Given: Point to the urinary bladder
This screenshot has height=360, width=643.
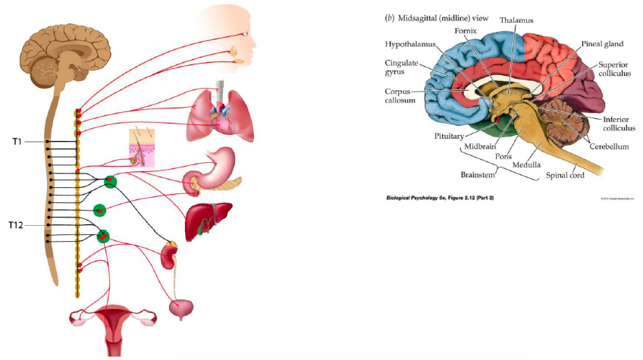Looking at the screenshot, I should (x=181, y=308).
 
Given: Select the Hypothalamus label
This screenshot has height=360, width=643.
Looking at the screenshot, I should (x=412, y=45).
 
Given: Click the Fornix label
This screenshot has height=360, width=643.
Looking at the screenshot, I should (x=465, y=31).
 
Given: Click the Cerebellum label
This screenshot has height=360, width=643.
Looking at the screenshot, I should (x=609, y=146).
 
